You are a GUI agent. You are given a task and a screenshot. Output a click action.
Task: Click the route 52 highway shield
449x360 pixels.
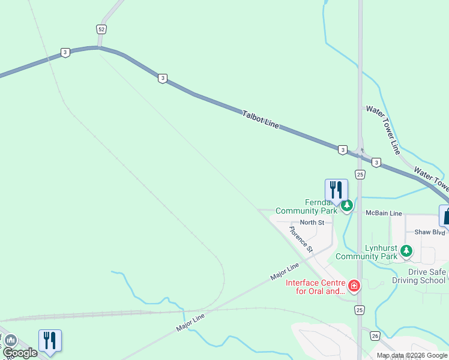coord(101,29)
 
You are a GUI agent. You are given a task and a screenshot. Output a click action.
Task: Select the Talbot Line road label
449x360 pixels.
coord(261,119)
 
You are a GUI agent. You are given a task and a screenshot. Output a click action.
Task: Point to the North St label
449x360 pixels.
coord(312,223)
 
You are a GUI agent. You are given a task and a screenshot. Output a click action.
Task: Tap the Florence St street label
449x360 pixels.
coord(301,239)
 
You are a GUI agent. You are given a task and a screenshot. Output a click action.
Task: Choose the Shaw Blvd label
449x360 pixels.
coord(430,232)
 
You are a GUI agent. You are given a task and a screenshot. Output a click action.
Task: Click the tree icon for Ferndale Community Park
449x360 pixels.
coord(347,206)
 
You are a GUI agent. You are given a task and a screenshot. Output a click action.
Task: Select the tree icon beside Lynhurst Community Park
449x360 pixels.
coord(407,251)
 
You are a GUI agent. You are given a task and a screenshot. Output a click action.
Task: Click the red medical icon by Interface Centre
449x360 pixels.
coord(354,286)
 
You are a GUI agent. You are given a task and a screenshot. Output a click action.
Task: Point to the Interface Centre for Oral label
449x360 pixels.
coord(316,287)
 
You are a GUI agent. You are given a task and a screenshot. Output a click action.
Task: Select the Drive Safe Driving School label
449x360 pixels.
coord(418,276)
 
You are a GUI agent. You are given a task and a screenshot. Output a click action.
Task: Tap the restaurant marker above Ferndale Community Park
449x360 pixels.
coord(336,190)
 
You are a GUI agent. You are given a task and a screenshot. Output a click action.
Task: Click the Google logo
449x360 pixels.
coord(20,353)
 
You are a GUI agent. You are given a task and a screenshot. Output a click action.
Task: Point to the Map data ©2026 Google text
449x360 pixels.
coord(412,355)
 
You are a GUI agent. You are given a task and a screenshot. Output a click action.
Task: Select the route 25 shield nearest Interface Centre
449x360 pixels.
coord(360,310)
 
